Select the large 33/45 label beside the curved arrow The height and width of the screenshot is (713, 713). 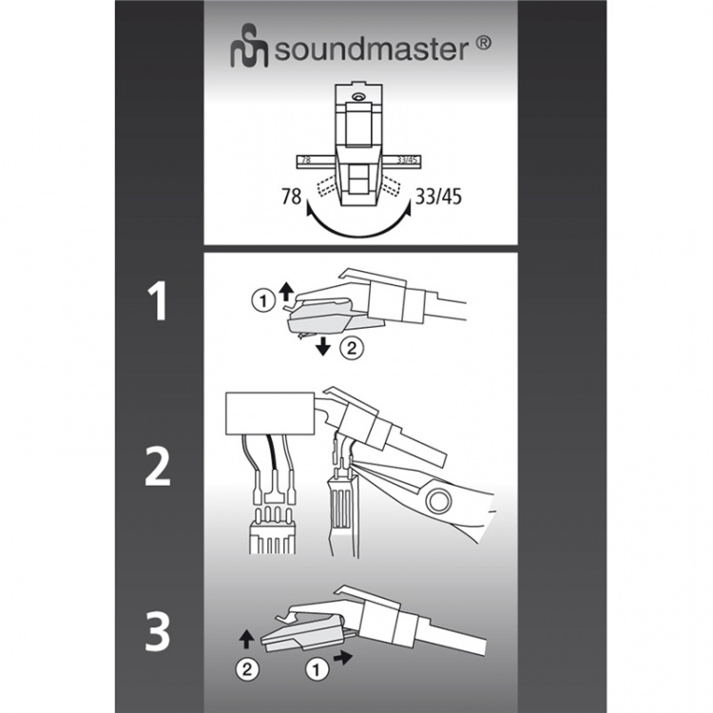pos(440,198)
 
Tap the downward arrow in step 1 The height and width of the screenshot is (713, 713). pos(325,346)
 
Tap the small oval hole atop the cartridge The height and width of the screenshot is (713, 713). pos(356,97)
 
